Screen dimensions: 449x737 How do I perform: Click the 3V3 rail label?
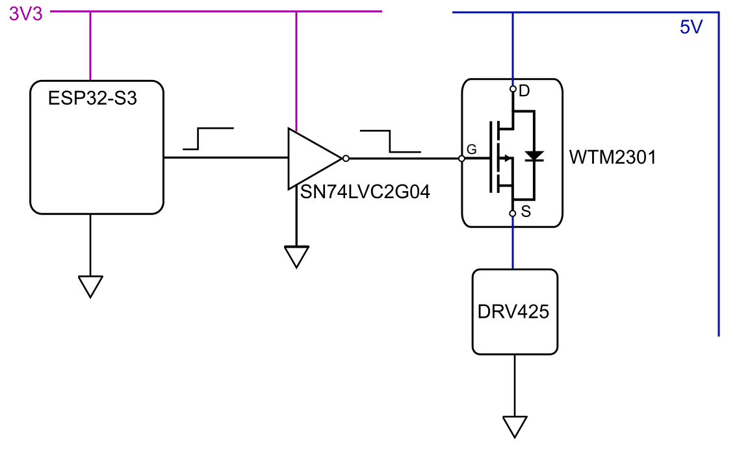click(x=26, y=14)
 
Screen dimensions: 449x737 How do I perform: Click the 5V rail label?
click(x=691, y=28)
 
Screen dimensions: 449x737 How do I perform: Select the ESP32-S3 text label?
click(x=93, y=99)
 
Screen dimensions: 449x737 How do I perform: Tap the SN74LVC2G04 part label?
click(x=365, y=193)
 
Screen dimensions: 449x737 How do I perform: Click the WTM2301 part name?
click(x=612, y=158)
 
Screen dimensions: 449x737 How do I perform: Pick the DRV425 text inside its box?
click(x=513, y=312)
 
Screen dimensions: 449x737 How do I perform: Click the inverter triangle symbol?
click(x=310, y=159)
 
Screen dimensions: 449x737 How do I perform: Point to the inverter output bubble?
click(x=346, y=158)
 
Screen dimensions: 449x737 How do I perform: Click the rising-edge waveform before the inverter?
click(x=207, y=138)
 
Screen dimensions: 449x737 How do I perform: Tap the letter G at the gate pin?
click(x=472, y=149)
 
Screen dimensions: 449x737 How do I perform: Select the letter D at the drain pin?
click(x=524, y=92)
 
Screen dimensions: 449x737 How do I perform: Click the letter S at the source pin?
click(x=526, y=212)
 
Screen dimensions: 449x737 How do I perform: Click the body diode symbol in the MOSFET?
click(x=534, y=156)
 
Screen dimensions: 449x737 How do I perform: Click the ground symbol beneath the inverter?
click(x=296, y=256)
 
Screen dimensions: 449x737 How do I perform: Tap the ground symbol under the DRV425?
click(x=514, y=426)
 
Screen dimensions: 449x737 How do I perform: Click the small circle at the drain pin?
click(x=513, y=89)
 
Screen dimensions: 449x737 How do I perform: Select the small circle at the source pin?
click(x=513, y=213)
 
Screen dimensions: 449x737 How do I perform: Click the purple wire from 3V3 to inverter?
click(x=296, y=71)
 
